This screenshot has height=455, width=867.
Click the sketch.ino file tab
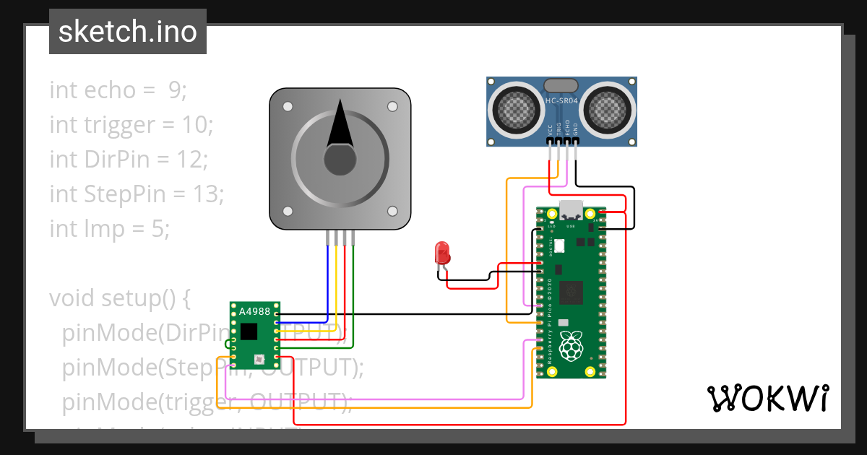(x=128, y=32)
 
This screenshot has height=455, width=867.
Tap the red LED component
(x=442, y=253)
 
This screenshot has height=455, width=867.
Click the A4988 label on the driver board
(x=254, y=311)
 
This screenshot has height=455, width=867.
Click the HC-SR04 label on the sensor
(x=561, y=100)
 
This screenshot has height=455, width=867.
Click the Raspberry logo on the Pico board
(x=571, y=347)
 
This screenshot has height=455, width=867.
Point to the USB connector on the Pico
(x=571, y=209)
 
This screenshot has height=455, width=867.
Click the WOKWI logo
(x=767, y=398)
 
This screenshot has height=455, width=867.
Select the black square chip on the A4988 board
(x=249, y=331)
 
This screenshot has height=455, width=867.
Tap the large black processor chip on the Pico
(x=574, y=292)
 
